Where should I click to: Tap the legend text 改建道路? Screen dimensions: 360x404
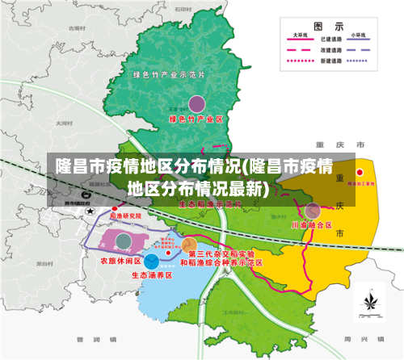(330, 49)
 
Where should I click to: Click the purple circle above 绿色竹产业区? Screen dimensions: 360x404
(196, 103)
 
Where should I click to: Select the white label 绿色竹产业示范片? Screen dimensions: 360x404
(169, 75)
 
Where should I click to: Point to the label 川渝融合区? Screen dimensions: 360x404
(312, 224)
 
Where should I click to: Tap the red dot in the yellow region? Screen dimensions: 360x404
(360, 172)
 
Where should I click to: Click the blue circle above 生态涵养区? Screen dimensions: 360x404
(151, 260)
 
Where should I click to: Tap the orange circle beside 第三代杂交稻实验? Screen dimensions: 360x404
(189, 245)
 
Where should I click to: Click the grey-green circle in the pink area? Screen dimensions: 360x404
(123, 241)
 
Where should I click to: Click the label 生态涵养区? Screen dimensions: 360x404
(151, 274)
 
